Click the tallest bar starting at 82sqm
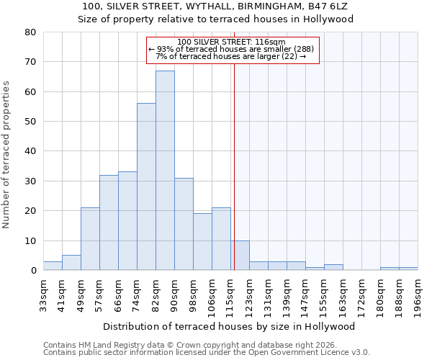click(165, 171)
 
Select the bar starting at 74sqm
click(146, 187)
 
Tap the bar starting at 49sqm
click(90, 239)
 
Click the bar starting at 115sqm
click(240, 256)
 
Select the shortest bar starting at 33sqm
click(53, 266)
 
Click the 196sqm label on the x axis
click(418, 295)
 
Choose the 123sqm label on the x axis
click(250, 295)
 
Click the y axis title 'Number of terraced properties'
click(7, 155)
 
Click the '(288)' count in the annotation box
click(301, 49)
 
